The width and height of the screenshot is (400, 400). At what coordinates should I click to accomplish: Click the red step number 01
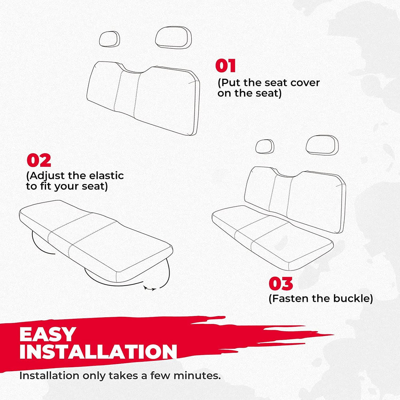point(225,66)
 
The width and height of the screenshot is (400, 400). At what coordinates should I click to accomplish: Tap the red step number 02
point(39,160)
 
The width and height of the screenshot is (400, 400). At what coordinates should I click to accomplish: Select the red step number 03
point(281,284)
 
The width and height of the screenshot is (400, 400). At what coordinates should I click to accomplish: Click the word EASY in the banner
point(48,334)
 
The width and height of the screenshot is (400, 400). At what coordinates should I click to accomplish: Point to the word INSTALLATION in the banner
point(98,352)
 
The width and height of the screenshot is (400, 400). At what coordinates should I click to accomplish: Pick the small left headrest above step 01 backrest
point(110,39)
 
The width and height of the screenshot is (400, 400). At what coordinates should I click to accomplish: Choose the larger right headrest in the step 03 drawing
point(322,145)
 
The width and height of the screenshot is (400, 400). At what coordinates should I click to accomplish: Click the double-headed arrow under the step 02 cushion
point(150,289)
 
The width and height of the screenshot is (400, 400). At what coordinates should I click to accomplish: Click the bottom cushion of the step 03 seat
point(272,237)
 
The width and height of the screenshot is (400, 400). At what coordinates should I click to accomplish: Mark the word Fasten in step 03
point(288,298)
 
